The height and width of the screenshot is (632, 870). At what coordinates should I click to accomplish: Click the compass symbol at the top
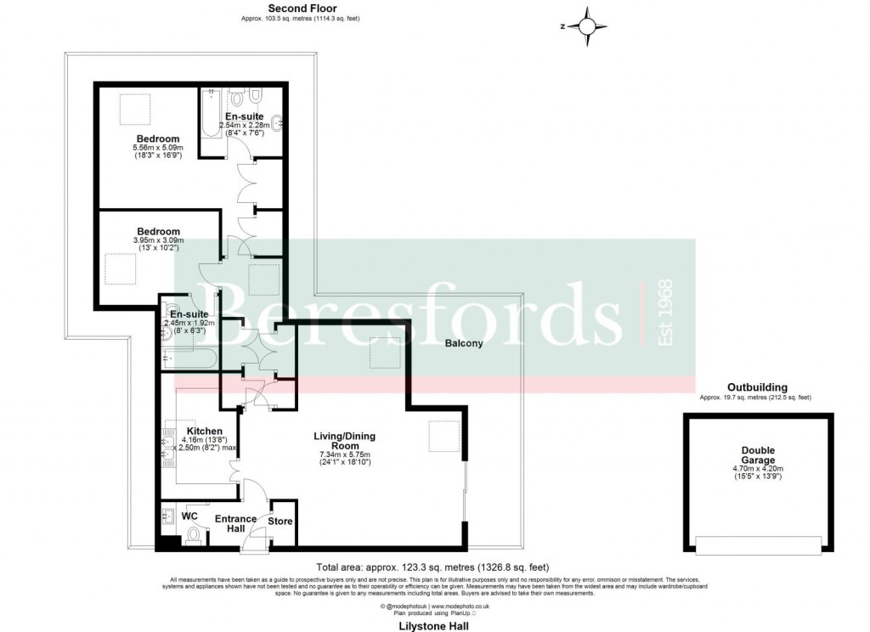(x=586, y=26)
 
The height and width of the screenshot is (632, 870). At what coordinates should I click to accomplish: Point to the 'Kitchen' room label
(x=204, y=432)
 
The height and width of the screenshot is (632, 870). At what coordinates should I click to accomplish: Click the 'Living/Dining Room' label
(x=344, y=441)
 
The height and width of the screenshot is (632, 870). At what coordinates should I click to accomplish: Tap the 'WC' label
(x=189, y=516)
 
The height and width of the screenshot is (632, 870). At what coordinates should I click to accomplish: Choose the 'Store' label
(x=280, y=522)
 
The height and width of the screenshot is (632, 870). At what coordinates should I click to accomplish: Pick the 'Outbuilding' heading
(x=755, y=387)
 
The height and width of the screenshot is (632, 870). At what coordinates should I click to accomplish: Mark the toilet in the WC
(x=195, y=535)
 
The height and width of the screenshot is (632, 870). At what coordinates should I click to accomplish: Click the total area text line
(x=433, y=567)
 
